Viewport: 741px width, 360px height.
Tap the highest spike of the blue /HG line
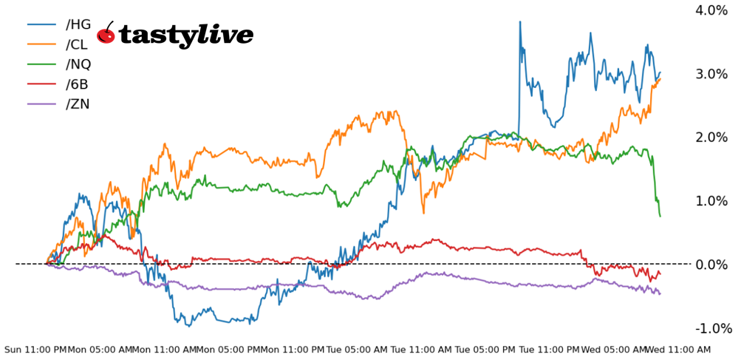click(520, 22)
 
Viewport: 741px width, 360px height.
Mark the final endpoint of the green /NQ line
click(660, 215)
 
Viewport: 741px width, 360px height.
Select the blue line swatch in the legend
click(42, 25)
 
